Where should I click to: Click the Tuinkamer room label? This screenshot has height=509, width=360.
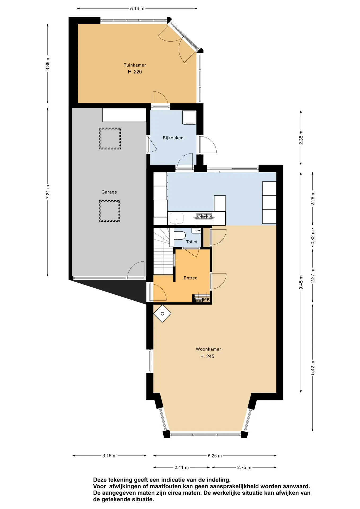coord(135,65)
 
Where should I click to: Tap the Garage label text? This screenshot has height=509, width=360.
coord(109,192)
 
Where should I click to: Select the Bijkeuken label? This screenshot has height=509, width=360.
coord(173,138)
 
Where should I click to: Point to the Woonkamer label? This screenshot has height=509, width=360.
coord(208,349)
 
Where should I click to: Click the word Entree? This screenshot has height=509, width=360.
coord(190,278)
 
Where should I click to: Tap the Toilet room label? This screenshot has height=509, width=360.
coord(192,242)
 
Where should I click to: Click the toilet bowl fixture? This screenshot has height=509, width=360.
coord(179,235)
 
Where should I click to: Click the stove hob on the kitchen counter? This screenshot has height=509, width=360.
coord(204,216)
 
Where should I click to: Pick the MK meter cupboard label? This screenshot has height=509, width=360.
coord(206,299)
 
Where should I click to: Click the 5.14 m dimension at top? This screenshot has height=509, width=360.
coord(137,8)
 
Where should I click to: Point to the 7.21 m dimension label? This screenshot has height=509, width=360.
coord(48,192)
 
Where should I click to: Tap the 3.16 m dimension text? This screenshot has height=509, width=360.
coord(109,456)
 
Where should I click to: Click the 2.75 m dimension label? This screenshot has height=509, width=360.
coord(244,467)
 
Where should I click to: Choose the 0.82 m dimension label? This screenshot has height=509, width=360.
coord(313,237)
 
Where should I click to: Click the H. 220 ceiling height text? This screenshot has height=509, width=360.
coord(135,72)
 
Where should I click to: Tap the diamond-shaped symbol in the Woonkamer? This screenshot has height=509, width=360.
coord(162,314)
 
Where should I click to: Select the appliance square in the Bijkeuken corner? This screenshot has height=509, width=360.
coord(189,117)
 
